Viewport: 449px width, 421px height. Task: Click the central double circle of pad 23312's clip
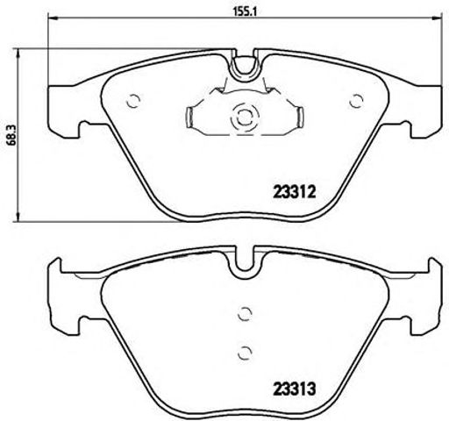242,115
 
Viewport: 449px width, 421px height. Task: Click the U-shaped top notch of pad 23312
245,62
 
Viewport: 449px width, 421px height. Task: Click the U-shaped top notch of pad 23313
245,261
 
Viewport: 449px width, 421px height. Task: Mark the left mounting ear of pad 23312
67,105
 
